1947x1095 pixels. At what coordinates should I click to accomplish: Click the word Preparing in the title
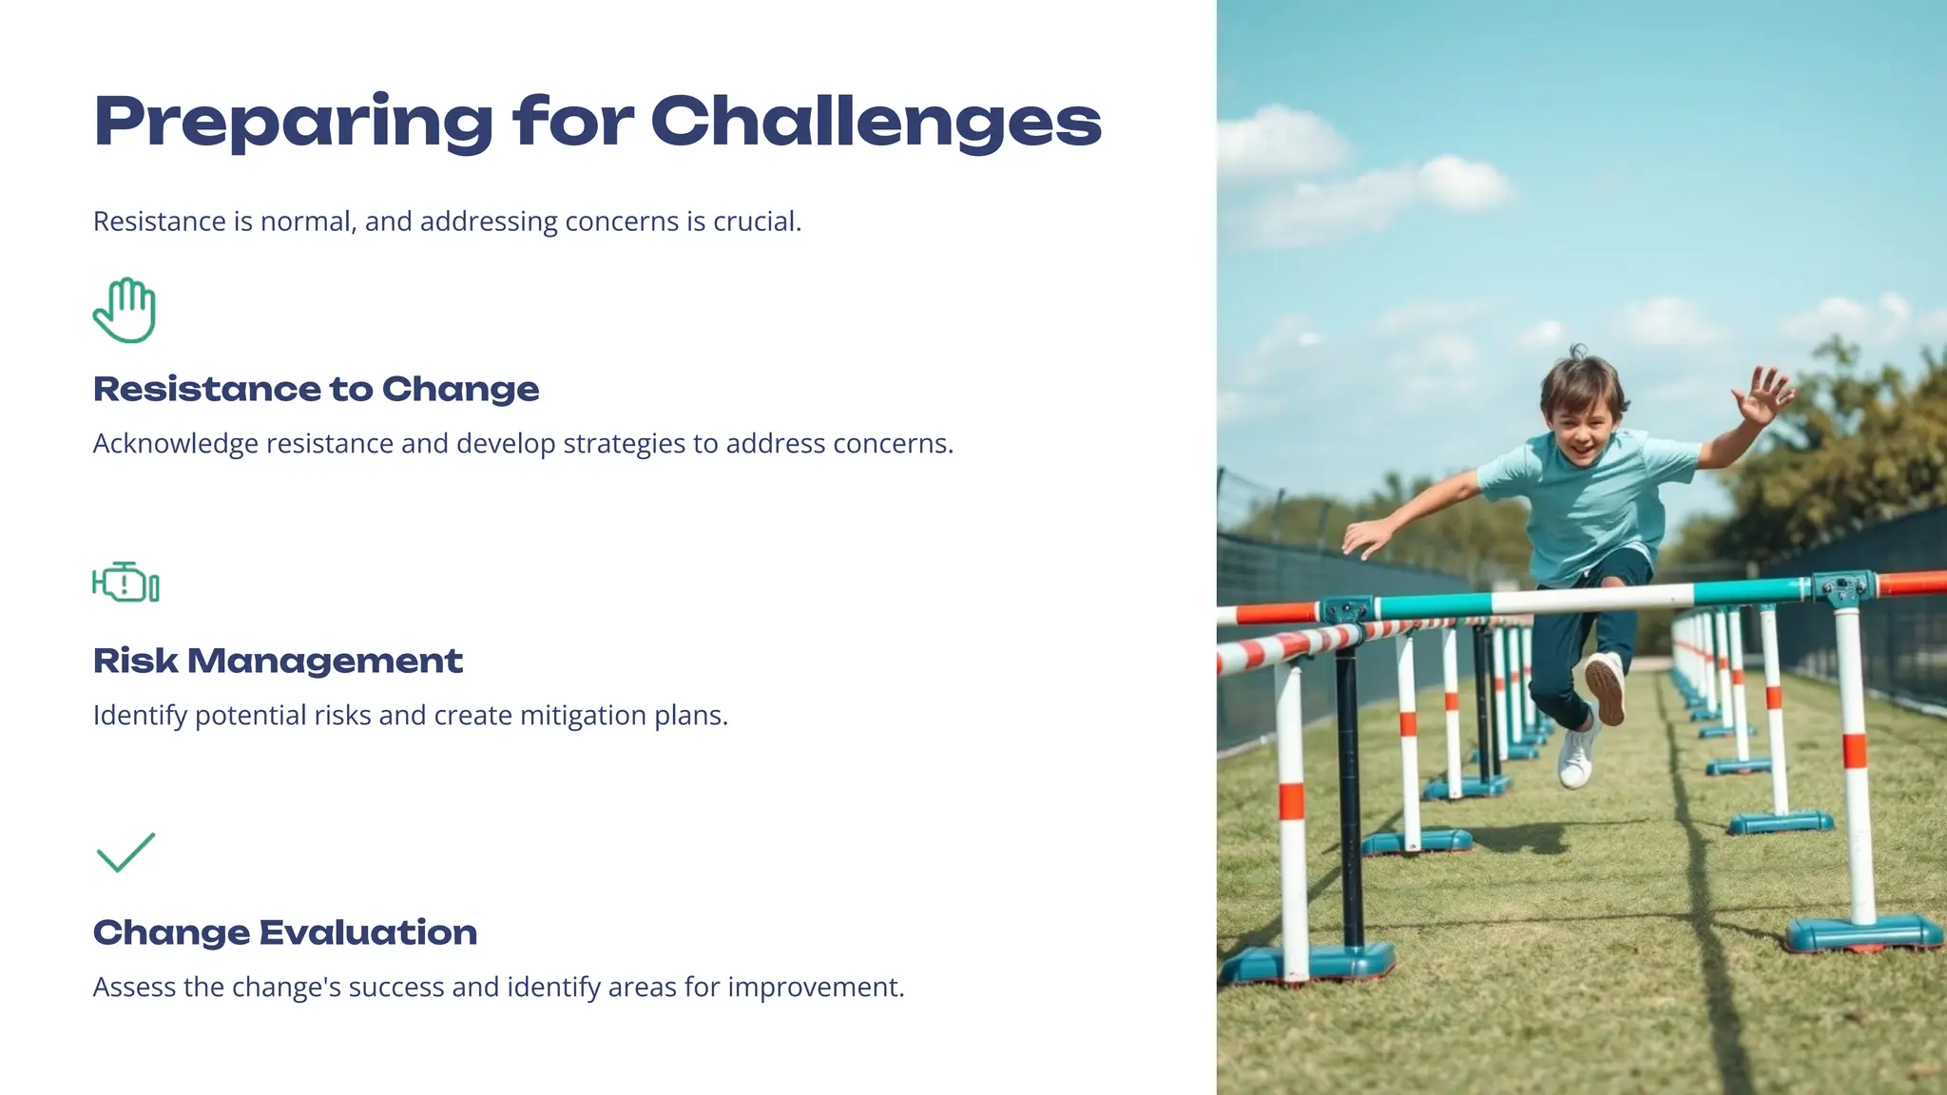293,123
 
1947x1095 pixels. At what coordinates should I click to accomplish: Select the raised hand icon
125,310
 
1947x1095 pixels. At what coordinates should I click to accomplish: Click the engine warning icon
125,582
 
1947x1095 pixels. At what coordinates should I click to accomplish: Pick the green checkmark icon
125,852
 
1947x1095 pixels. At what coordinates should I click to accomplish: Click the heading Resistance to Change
316,389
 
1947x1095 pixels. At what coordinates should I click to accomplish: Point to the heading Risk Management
278,661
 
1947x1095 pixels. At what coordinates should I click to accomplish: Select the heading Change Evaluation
284,932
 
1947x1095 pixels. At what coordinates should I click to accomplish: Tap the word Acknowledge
176,444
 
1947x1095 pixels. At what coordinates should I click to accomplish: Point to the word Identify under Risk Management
140,716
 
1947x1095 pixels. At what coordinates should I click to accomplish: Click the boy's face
1584,427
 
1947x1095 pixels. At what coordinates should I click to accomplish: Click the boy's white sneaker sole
1606,686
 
